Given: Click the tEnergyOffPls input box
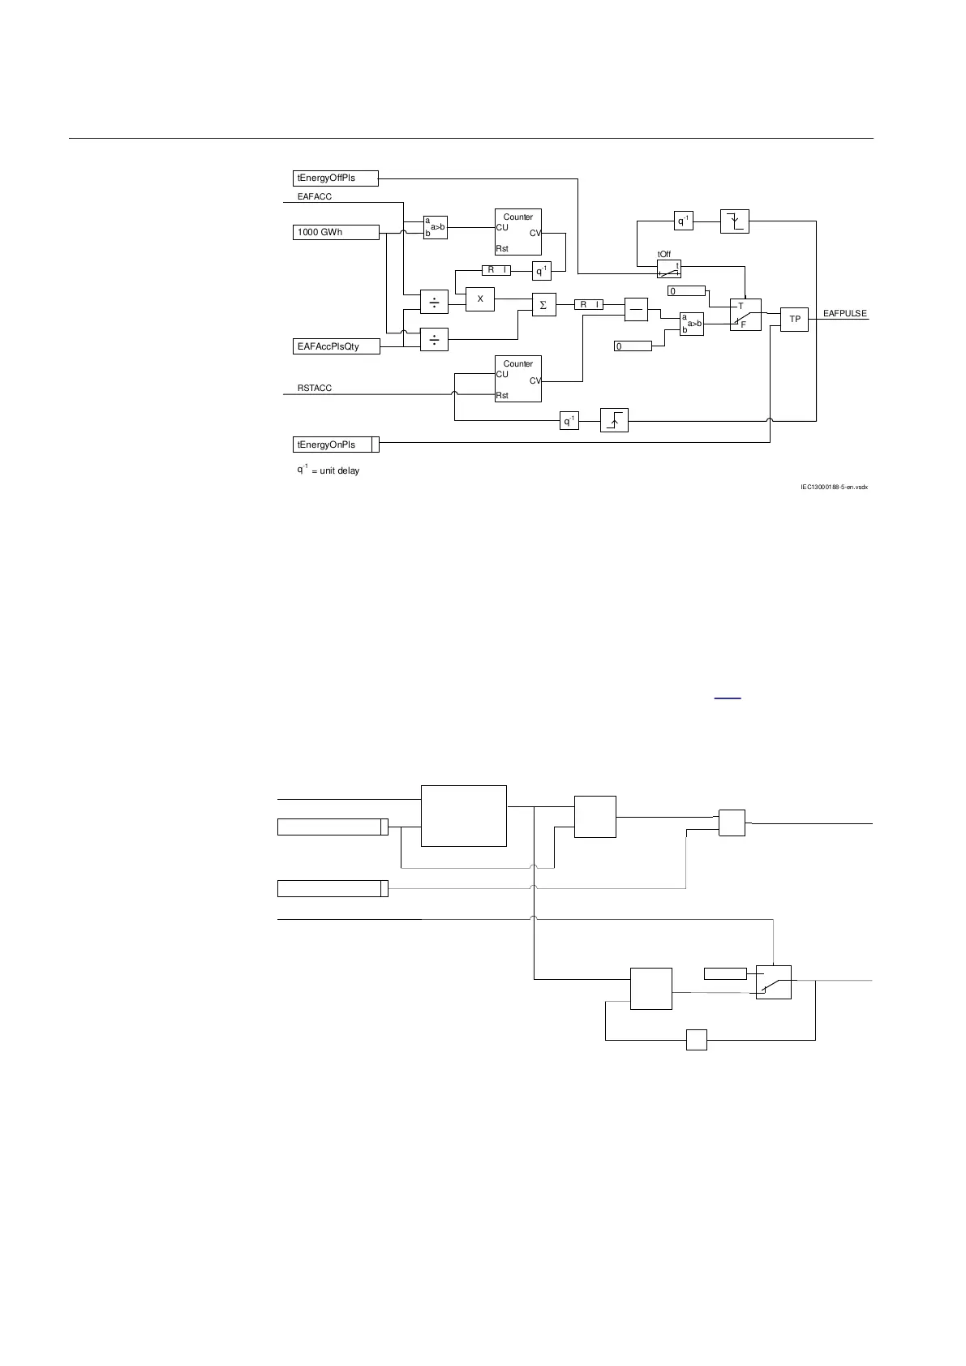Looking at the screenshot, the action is [336, 178].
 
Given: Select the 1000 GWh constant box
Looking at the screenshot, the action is [336, 233].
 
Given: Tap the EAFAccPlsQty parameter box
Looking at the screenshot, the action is [336, 346].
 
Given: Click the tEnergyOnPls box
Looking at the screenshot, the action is [336, 445].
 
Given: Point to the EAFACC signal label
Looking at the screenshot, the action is [315, 197].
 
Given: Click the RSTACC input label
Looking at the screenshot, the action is [315, 389].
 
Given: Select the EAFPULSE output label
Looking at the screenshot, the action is [844, 314].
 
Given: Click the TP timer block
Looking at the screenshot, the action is [795, 320].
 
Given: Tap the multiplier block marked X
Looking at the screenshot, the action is [480, 299].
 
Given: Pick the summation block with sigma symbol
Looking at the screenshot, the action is [543, 305].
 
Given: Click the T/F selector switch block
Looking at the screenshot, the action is [745, 315].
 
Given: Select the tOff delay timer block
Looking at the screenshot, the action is [669, 268].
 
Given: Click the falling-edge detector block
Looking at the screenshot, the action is [735, 221].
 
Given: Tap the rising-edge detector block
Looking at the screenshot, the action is [614, 420].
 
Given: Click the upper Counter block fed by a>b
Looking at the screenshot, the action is [518, 232].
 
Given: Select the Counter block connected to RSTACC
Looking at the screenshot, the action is [518, 379].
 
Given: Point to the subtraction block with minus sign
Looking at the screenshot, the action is [636, 309].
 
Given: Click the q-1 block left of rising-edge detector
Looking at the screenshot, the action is [569, 420].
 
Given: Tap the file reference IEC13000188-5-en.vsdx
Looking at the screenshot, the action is [835, 488].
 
